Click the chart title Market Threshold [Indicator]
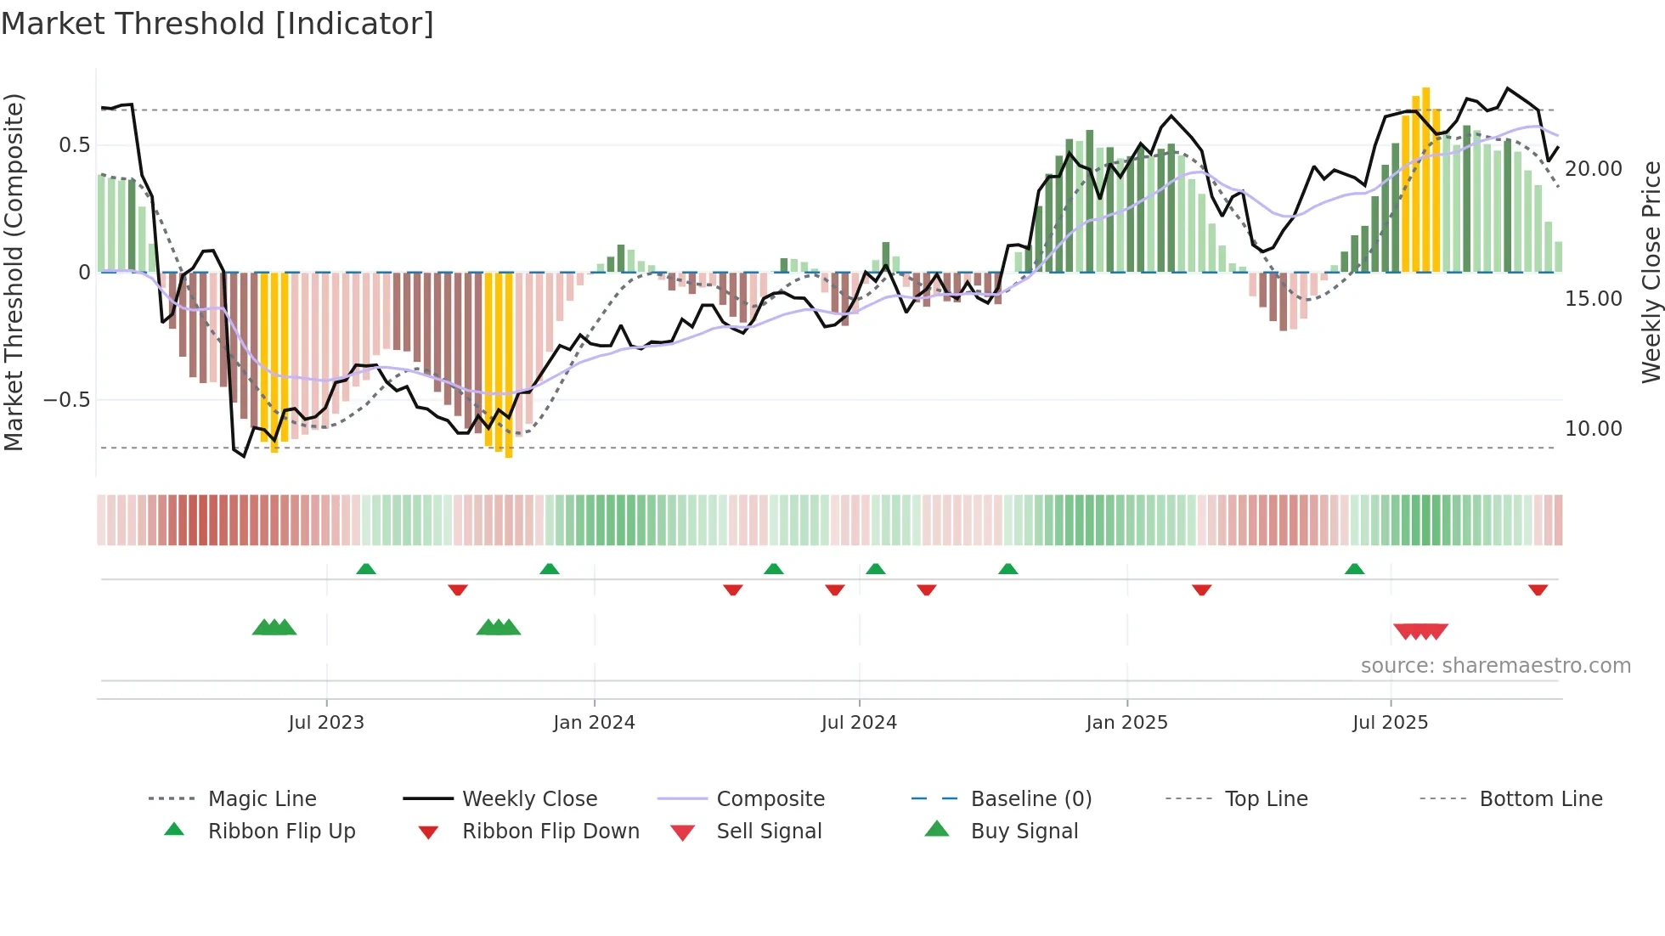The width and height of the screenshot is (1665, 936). click(217, 24)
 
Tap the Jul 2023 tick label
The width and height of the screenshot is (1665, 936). click(326, 722)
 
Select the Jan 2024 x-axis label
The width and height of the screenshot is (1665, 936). click(594, 722)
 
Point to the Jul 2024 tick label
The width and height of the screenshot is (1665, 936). click(859, 722)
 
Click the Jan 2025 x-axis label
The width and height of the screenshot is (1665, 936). click(1126, 722)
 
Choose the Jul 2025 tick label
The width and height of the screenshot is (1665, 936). click(1390, 722)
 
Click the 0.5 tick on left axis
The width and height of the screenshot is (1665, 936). click(75, 145)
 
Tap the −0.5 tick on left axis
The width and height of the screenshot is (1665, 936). click(67, 399)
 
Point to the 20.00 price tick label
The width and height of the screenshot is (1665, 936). click(1594, 168)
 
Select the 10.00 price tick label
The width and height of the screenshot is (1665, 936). click(1594, 428)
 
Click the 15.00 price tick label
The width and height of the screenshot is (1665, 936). click(1594, 298)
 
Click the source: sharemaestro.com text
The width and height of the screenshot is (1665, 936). click(1495, 665)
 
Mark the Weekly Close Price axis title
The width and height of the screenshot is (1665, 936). click(1651, 272)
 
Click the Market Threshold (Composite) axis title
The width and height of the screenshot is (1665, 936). click(14, 272)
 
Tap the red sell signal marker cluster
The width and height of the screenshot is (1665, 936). click(1420, 631)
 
